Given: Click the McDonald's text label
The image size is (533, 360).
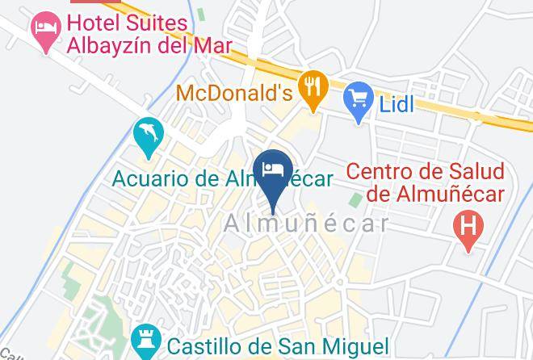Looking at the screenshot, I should [x=233, y=92].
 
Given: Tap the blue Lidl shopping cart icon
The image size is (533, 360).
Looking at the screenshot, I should [x=357, y=100].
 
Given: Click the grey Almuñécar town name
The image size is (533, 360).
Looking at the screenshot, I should [x=306, y=221].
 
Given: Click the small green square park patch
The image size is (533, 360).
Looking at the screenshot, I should [x=356, y=199].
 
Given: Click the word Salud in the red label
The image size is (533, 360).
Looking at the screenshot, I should [x=475, y=171].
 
